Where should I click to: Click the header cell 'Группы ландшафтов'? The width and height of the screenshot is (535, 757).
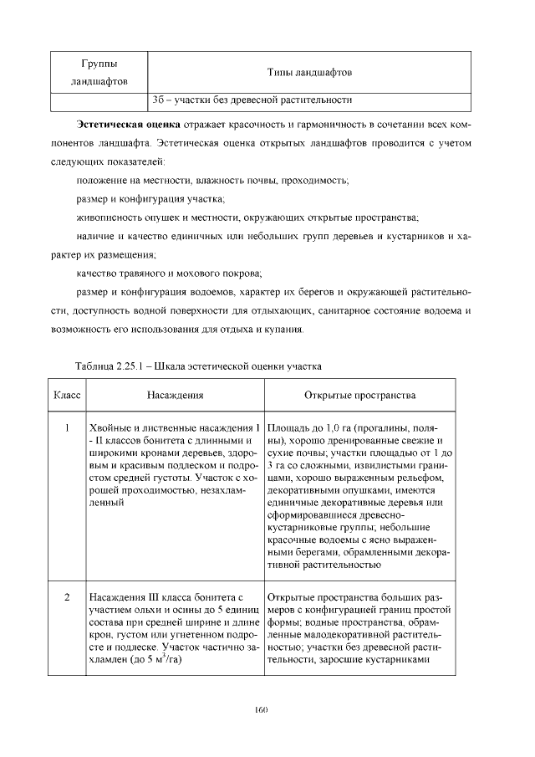[99, 74]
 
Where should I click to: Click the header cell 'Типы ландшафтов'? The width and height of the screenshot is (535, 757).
[309, 74]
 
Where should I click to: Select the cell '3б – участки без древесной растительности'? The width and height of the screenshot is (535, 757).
[251, 101]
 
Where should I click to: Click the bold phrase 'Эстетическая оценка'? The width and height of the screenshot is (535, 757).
[122, 125]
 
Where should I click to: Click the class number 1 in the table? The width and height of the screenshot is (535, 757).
[66, 429]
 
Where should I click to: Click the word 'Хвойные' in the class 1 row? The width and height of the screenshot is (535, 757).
[109, 429]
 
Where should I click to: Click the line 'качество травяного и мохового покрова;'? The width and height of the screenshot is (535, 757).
[169, 274]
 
